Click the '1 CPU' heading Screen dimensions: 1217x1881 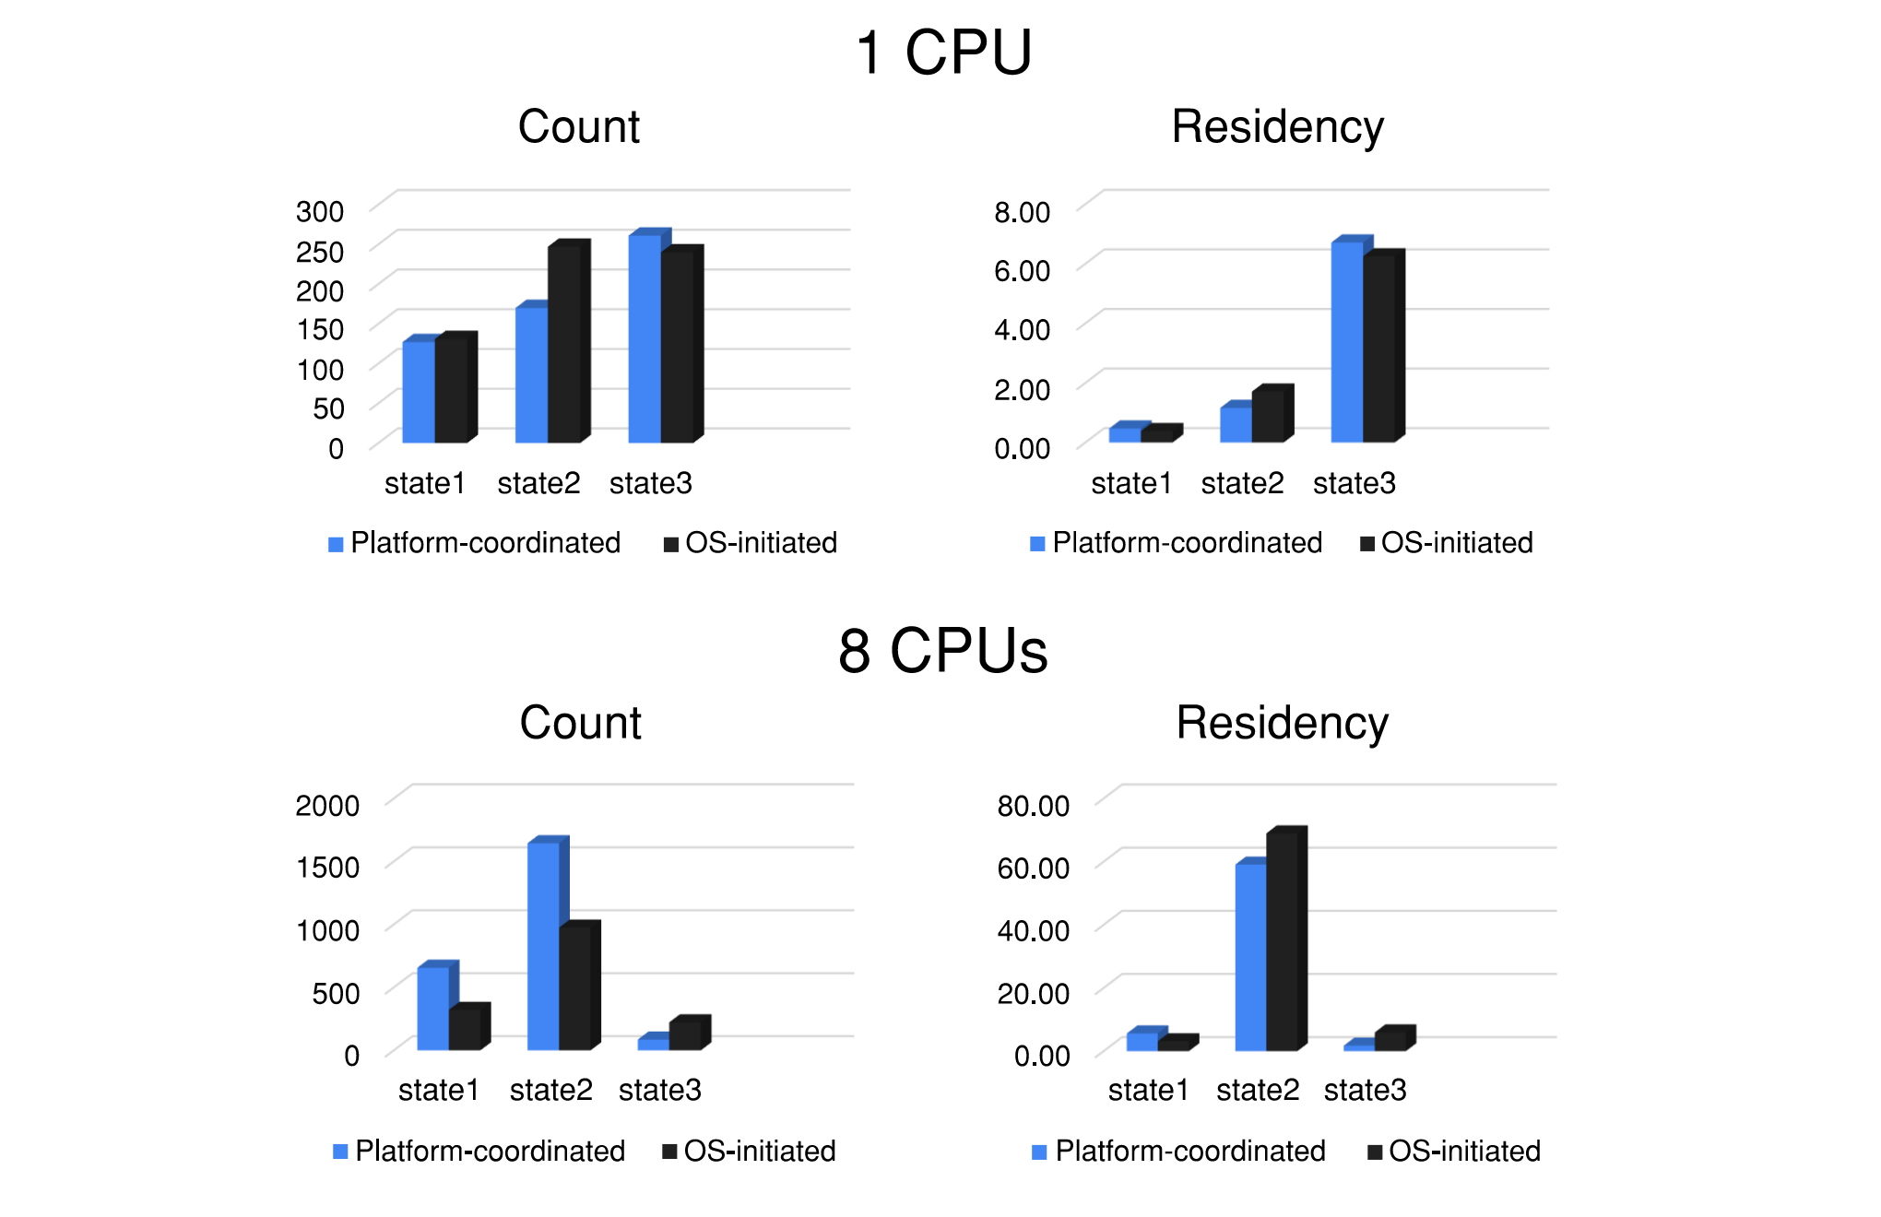(943, 53)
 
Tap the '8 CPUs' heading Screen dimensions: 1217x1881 (942, 651)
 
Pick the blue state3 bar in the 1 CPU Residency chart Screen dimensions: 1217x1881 (1347, 341)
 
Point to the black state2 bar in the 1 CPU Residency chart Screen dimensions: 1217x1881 (1268, 416)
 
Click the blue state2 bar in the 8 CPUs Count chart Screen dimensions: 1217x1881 (543, 946)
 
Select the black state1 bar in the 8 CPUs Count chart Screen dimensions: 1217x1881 (465, 1029)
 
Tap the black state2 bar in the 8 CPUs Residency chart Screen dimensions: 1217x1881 (1282, 940)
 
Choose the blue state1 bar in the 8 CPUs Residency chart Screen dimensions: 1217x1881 (1142, 1041)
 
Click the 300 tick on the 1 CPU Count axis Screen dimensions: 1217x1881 (320, 211)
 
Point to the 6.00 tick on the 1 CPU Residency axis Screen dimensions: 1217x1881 (1022, 271)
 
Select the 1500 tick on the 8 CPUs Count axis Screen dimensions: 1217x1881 (327, 868)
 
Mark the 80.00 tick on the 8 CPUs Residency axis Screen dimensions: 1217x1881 (1033, 806)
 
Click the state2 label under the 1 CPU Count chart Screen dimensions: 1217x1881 (538, 483)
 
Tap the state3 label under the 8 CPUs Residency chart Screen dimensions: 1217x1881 (1365, 1090)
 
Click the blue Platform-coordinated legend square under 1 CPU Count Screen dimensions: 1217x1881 (336, 544)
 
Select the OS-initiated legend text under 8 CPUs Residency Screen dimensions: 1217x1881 (1464, 1151)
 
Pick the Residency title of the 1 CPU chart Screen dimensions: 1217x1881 (1277, 126)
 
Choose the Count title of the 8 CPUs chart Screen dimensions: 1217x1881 (580, 722)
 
